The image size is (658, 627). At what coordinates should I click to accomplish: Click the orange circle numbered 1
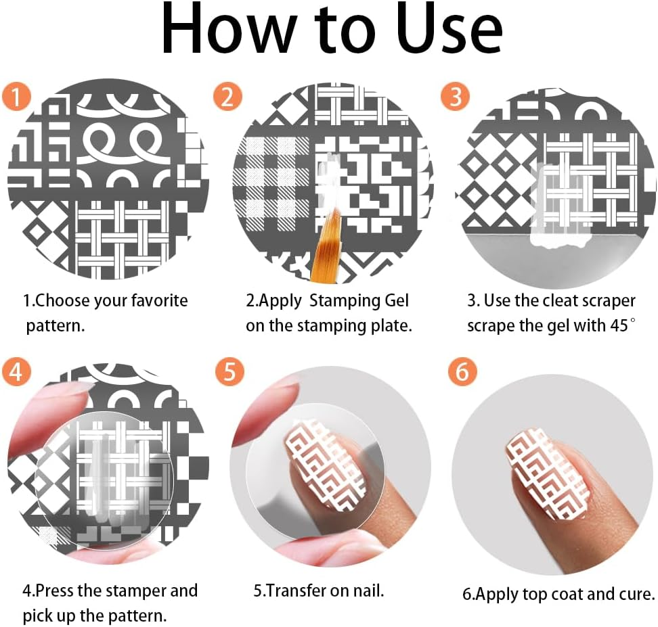point(16,96)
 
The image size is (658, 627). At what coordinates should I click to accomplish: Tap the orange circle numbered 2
point(227,96)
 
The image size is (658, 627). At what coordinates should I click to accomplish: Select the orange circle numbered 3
point(456,96)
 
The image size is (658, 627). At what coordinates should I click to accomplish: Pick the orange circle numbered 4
point(16,371)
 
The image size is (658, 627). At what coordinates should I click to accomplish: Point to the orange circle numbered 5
point(229,371)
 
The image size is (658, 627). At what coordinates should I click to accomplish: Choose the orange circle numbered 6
point(462,371)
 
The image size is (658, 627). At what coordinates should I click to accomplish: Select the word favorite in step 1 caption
point(159,301)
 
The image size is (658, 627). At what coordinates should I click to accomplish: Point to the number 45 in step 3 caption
point(619,325)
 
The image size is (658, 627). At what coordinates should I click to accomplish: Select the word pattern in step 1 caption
point(55,325)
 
